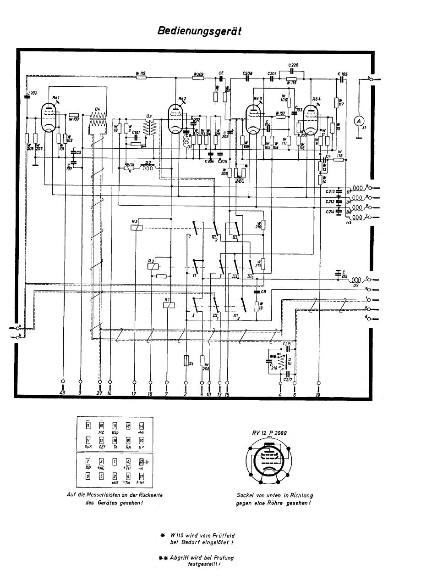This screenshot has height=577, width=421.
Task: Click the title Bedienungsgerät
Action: tap(199, 31)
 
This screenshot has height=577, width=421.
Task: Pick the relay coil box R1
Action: tap(168, 307)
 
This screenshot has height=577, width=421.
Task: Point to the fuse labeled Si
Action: tap(186, 361)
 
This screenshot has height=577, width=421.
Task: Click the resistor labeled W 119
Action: tap(141, 77)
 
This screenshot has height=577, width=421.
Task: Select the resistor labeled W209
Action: tap(198, 78)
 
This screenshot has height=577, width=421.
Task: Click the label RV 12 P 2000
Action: tap(269, 432)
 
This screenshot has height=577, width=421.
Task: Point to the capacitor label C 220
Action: tap(293, 65)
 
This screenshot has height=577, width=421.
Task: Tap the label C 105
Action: tap(342, 73)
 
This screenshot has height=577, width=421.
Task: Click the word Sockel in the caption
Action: tap(246, 495)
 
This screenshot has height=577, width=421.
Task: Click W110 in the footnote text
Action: tap(177, 535)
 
